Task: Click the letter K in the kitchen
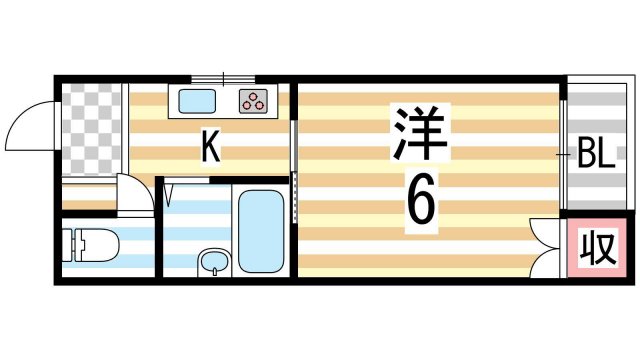[210, 148]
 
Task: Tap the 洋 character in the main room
[418, 133]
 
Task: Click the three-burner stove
[254, 100]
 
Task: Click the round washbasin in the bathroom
[213, 262]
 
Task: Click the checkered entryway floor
[90, 130]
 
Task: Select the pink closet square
[598, 247]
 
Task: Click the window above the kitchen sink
[222, 78]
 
